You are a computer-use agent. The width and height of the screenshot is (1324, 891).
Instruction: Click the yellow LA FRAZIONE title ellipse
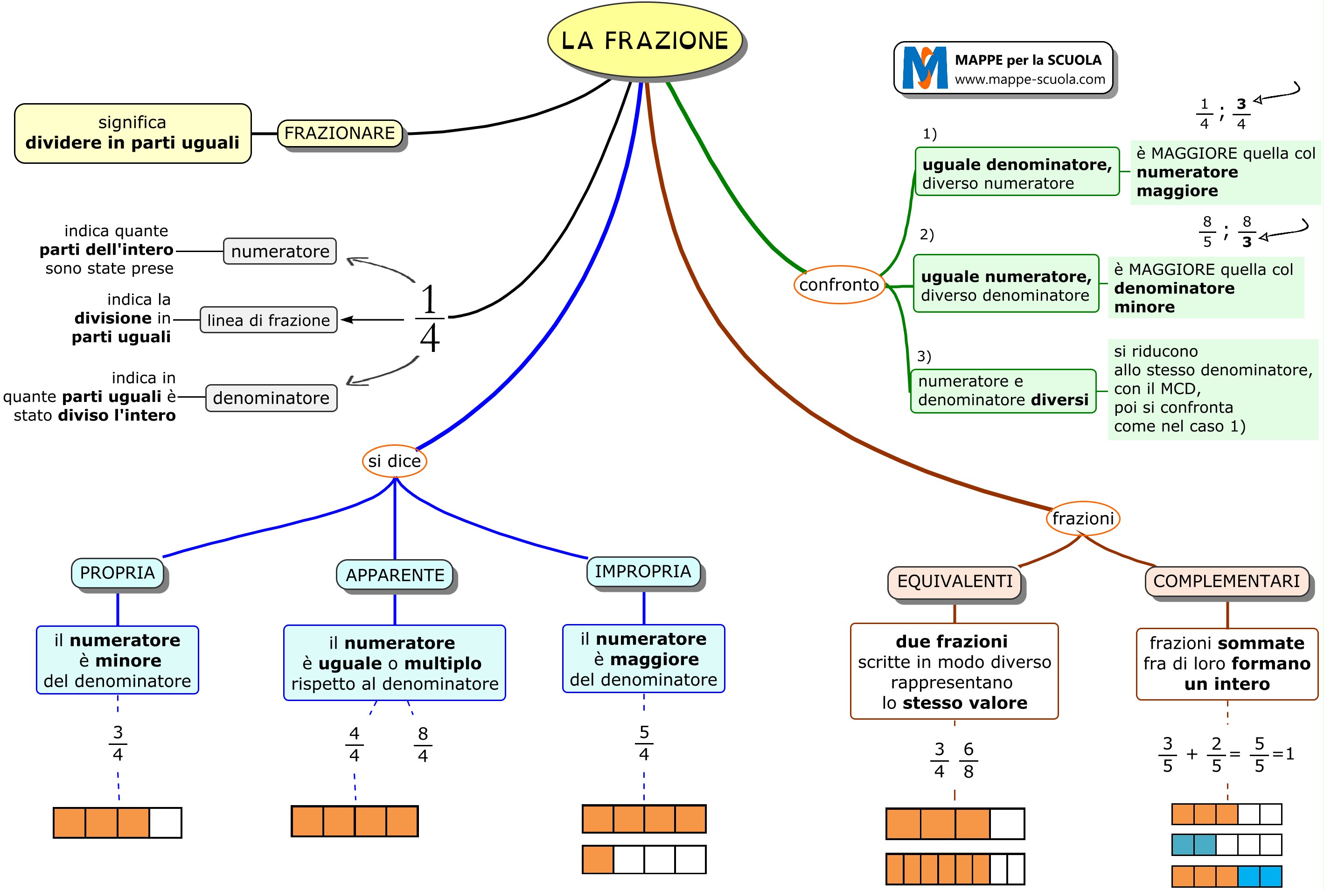pyautogui.click(x=645, y=40)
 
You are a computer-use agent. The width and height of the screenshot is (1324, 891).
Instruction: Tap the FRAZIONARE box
pyautogui.click(x=340, y=133)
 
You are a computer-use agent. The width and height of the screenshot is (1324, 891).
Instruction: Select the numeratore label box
pyautogui.click(x=280, y=251)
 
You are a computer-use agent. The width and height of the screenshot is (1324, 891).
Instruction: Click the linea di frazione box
pyautogui.click(x=268, y=320)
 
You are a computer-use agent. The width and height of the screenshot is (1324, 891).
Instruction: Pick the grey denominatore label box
pyautogui.click(x=271, y=398)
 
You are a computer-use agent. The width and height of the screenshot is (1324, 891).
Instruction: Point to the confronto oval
pyautogui.click(x=839, y=285)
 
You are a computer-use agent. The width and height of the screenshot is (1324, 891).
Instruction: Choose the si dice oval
pyautogui.click(x=394, y=461)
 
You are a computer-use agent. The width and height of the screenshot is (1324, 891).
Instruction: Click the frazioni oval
pyautogui.click(x=1083, y=518)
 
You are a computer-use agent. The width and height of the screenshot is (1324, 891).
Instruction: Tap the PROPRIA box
pyautogui.click(x=117, y=573)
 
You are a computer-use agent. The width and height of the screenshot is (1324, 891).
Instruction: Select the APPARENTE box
pyautogui.click(x=395, y=575)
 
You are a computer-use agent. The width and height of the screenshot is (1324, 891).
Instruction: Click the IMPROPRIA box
pyautogui.click(x=643, y=571)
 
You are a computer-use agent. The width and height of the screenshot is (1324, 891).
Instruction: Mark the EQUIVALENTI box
pyautogui.click(x=955, y=581)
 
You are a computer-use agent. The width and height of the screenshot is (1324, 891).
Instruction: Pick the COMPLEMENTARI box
pyautogui.click(x=1226, y=581)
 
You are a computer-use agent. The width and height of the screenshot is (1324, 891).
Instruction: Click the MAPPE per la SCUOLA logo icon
pyautogui.click(x=925, y=68)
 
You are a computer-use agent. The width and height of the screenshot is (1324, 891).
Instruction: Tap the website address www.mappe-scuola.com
pyautogui.click(x=1030, y=79)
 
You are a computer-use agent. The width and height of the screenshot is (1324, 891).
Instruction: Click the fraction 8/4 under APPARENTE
pyautogui.click(x=423, y=745)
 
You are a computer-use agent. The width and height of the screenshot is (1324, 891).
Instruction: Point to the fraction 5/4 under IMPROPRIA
pyautogui.click(x=644, y=743)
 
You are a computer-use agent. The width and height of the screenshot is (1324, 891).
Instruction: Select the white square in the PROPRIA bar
pyautogui.click(x=165, y=822)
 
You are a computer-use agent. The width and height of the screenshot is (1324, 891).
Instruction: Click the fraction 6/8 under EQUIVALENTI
pyautogui.click(x=969, y=760)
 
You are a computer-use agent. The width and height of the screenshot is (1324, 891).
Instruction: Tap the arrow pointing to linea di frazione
pyautogui.click(x=372, y=319)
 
